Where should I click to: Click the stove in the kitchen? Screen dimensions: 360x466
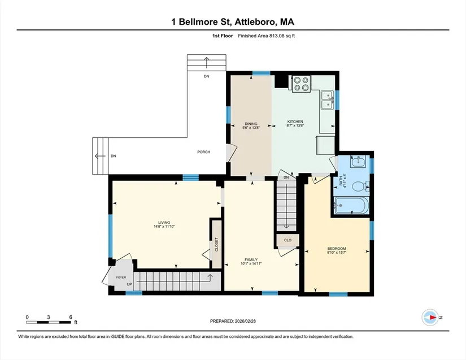pos(301,84)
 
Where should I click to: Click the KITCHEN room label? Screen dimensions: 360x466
pos(295,122)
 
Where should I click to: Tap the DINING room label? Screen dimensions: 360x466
pos(251,124)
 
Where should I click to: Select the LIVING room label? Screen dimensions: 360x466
pos(164,223)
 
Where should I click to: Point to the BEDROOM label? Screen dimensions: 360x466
pos(337,249)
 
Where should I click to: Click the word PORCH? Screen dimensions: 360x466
pos(203,152)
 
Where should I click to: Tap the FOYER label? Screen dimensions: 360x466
pos(121,277)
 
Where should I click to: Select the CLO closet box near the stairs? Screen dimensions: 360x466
pos(288,240)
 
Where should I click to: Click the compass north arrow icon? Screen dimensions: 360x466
pos(431,318)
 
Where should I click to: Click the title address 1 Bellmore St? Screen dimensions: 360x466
pos(233,22)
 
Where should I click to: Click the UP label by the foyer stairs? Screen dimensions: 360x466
pos(129,284)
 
